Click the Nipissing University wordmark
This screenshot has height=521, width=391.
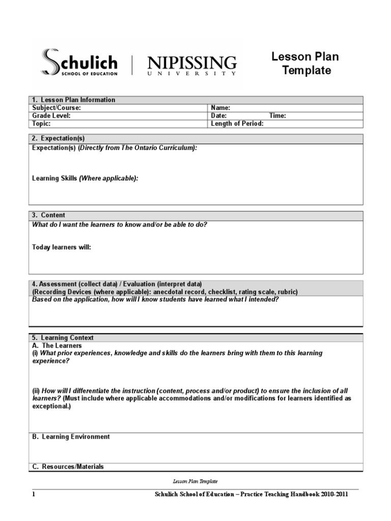pyautogui.click(x=192, y=66)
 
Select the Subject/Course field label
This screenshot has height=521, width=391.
pyautogui.click(x=57, y=108)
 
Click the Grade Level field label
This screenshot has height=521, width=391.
pyautogui.click(x=51, y=115)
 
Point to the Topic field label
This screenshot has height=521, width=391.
pyautogui.click(x=42, y=123)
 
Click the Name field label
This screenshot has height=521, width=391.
pyautogui.click(x=220, y=108)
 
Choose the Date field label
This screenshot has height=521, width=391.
pyautogui.click(x=219, y=115)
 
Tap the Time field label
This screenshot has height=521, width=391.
pyautogui.click(x=277, y=115)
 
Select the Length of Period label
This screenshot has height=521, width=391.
pyautogui.click(x=237, y=123)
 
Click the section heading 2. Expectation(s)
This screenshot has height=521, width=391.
pyautogui.click(x=59, y=138)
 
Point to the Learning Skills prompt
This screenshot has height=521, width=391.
pyautogui.click(x=85, y=178)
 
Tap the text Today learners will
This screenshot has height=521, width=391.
pyautogui.click(x=62, y=247)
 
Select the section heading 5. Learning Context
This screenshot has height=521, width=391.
pyautogui.click(x=63, y=337)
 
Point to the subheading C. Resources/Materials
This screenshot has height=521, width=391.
pyautogui.click(x=68, y=467)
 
